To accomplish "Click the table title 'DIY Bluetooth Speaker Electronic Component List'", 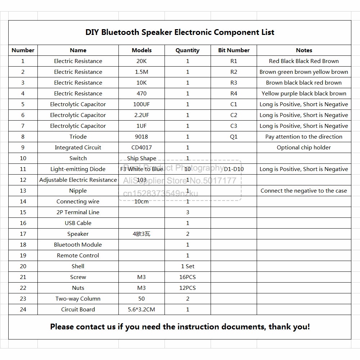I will pyautogui.click(x=180, y=32).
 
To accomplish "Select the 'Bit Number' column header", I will pyautogui.click(x=234, y=50).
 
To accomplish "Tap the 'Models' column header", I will pyautogui.click(x=141, y=50).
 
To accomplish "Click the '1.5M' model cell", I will pyautogui.click(x=141, y=72).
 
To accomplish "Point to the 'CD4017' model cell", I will pyautogui.click(x=141, y=148).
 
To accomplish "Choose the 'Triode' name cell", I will pyautogui.click(x=78, y=137).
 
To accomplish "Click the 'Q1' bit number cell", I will pyautogui.click(x=234, y=137).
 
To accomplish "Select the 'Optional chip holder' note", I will pyautogui.click(x=303, y=148).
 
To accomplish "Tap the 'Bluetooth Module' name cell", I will pyautogui.click(x=78, y=245).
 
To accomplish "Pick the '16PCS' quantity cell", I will pyautogui.click(x=188, y=277).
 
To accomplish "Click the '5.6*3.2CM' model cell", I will pyautogui.click(x=141, y=310).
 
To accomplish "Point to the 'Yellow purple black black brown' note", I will pyautogui.click(x=303, y=94).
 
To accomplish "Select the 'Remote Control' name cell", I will pyautogui.click(x=78, y=256).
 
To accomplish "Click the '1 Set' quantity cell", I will pyautogui.click(x=188, y=266).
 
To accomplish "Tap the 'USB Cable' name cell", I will pyautogui.click(x=78, y=223).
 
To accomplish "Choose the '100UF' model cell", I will pyautogui.click(x=141, y=104).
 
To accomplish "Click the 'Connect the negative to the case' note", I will pyautogui.click(x=303, y=191).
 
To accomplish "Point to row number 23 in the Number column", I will pyautogui.click(x=23, y=299).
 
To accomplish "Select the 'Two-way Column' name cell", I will pyautogui.click(x=78, y=299).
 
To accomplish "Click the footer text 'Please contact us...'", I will pyautogui.click(x=180, y=327).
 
